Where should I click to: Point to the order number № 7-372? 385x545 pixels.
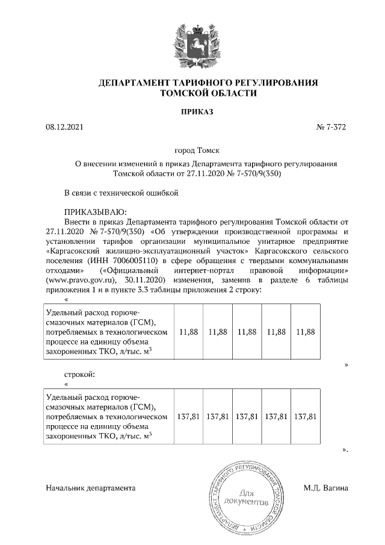click(332, 127)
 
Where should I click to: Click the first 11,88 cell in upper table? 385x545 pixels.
click(188, 332)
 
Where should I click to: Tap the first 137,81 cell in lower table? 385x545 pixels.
click(188, 416)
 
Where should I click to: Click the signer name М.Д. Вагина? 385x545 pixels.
click(326, 488)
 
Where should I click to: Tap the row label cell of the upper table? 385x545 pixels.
click(108, 332)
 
